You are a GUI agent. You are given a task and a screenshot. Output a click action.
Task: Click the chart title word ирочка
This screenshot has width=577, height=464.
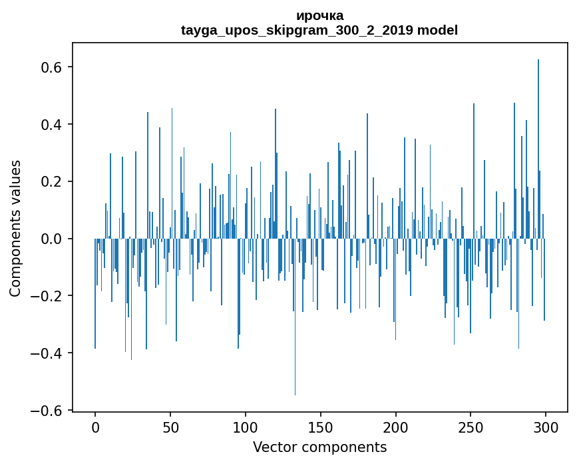(x=319, y=15)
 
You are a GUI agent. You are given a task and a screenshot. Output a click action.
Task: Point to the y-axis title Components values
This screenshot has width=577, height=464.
(x=15, y=228)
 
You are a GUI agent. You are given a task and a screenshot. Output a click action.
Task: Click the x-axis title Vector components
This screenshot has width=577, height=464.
(x=319, y=447)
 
